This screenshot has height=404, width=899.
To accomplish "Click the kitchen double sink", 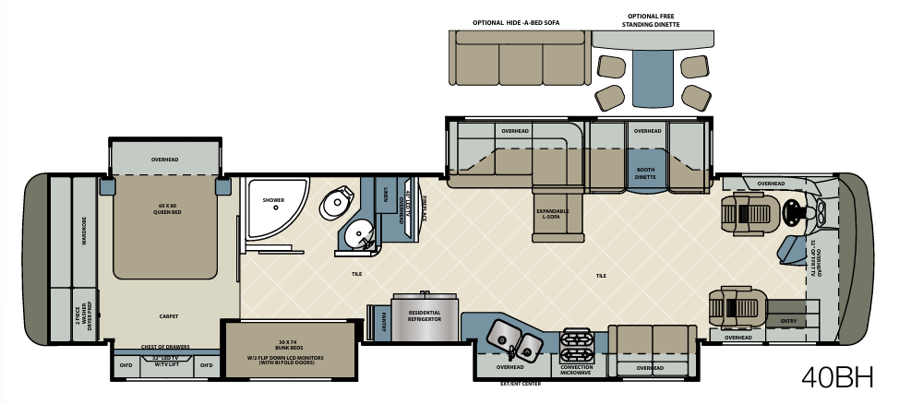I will (512, 338).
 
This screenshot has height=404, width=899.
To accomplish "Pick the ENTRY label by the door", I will (787, 321).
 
